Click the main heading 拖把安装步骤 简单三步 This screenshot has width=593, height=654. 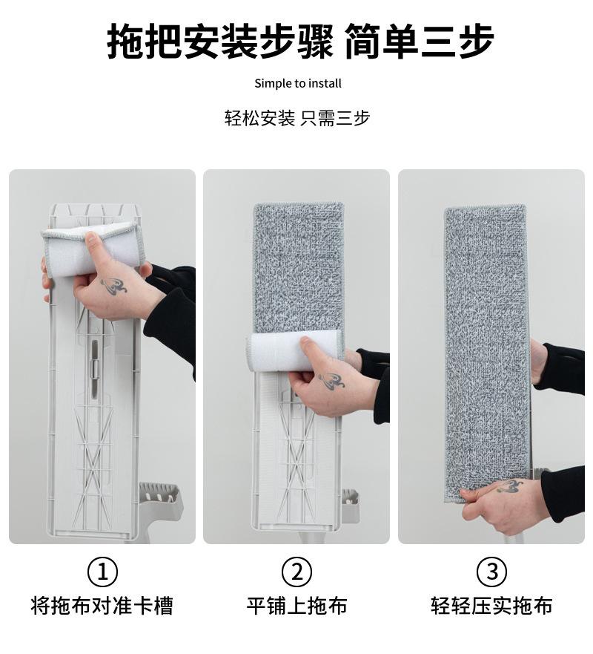click(300, 42)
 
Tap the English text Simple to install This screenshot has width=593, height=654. click(298, 83)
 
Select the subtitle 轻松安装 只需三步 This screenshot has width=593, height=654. click(297, 118)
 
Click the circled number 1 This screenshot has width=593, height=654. click(102, 572)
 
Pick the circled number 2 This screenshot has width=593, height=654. click(296, 572)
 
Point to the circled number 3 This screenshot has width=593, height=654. click(491, 572)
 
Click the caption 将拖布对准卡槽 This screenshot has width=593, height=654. click(102, 606)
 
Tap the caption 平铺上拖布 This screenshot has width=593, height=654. click(296, 606)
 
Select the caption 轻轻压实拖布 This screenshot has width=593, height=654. click(491, 606)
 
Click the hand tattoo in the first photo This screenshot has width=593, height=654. click(113, 286)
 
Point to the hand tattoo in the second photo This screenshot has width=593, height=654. click(332, 380)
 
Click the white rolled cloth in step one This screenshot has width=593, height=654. click(93, 249)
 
